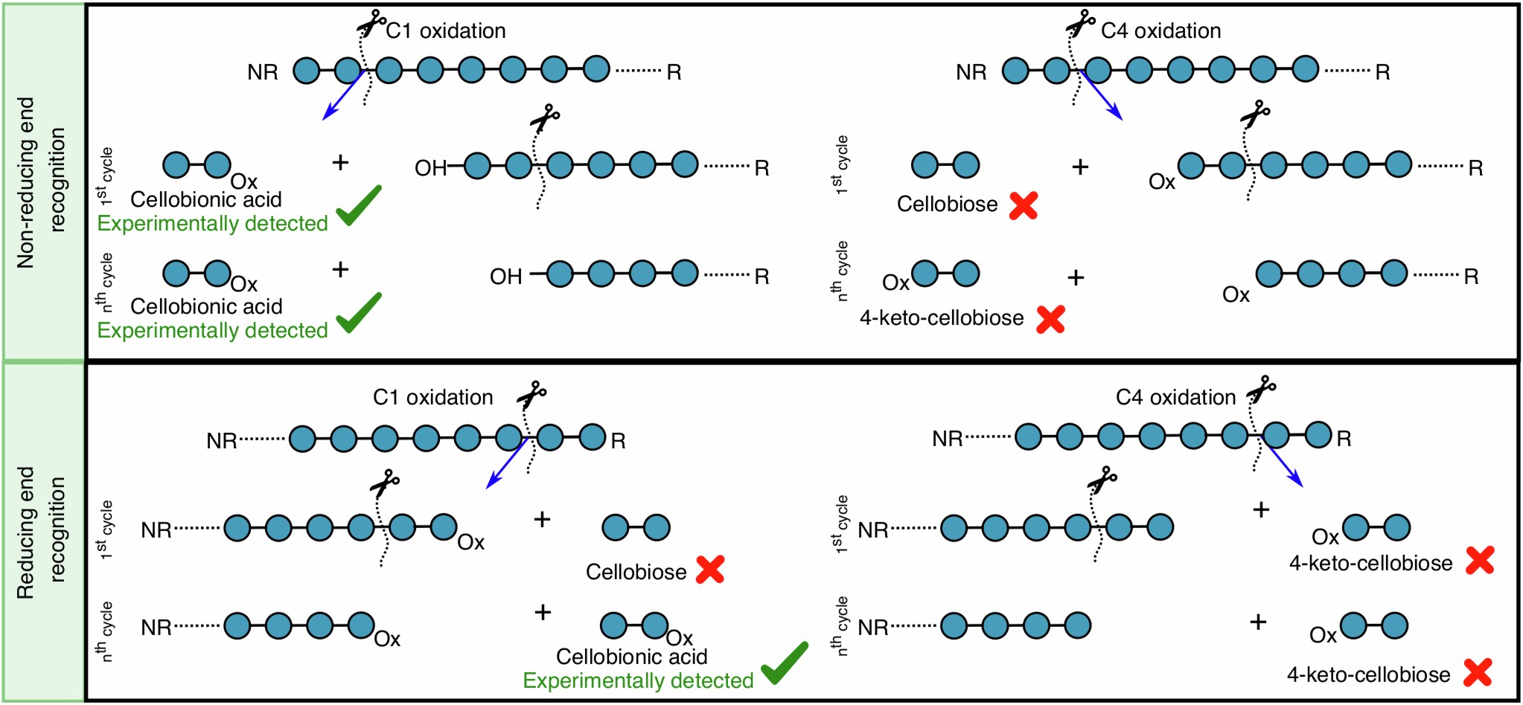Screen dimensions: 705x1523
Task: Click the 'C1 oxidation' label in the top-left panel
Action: coord(445,30)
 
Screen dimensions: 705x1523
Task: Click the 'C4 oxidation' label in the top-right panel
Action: coord(1160,30)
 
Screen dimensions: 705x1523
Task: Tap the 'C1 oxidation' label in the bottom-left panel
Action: coord(432,397)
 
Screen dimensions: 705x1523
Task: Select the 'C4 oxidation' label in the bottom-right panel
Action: coord(1175,397)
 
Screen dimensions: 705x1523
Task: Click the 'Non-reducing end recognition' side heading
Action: coord(41,181)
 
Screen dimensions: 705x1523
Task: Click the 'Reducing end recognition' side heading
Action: coord(41,532)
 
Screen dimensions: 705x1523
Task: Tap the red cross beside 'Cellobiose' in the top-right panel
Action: coord(1024,206)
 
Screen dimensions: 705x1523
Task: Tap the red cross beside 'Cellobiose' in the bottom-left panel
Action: coord(710,570)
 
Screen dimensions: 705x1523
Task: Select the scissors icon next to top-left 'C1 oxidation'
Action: coord(371,23)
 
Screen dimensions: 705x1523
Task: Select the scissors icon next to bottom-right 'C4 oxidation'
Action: coord(1262,388)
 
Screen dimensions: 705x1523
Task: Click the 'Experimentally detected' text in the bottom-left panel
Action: coord(638,680)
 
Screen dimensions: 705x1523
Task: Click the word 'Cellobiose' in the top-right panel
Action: coord(947,204)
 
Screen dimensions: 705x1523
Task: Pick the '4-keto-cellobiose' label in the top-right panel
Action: coord(942,318)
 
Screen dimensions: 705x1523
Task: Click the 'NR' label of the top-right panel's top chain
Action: coord(971,72)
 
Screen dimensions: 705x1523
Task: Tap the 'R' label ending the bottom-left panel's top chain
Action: coord(618,441)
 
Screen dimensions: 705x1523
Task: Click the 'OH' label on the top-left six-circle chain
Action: coord(430,168)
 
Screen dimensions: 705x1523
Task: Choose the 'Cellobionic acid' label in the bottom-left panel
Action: coord(631,657)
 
